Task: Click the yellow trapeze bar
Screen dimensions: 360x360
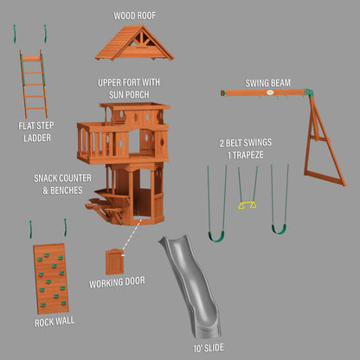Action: (x=247, y=206)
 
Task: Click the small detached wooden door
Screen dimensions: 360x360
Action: (x=115, y=260)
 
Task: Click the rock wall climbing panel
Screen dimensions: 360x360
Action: (x=53, y=274)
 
